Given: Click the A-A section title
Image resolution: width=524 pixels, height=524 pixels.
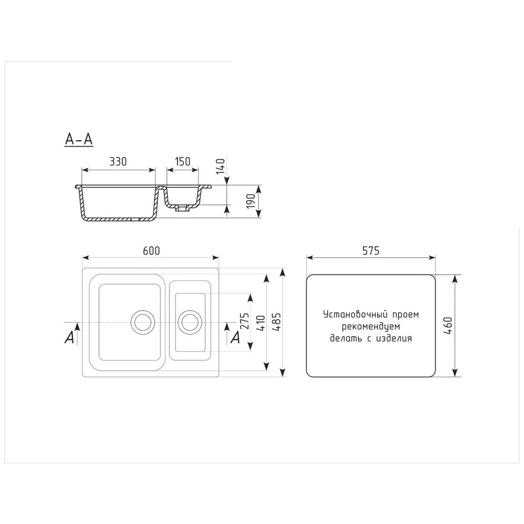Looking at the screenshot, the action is [x=79, y=139].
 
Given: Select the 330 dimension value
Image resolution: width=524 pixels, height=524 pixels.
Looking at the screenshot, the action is [x=118, y=161].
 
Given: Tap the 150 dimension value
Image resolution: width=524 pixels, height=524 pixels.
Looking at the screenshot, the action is [x=182, y=161].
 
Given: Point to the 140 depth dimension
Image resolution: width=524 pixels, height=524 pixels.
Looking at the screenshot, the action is [x=221, y=166].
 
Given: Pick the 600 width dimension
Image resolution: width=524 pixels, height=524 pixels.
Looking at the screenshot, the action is [x=151, y=250].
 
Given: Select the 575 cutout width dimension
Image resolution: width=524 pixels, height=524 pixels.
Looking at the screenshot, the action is [x=371, y=250].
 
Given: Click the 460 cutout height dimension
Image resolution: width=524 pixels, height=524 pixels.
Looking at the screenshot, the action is [x=448, y=326].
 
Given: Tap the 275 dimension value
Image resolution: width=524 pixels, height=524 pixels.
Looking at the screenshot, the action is [x=245, y=321].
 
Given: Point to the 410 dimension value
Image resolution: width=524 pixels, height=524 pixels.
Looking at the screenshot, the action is [x=261, y=323].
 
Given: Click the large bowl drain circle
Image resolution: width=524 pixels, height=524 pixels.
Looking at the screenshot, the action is [x=143, y=322].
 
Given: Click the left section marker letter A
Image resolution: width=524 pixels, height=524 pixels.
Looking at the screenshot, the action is [x=69, y=337].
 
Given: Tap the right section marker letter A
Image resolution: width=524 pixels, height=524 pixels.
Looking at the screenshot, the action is [x=236, y=337].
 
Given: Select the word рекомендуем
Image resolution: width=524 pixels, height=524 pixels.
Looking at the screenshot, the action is [x=370, y=326].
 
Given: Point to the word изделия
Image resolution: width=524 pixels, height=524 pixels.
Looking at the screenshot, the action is [x=395, y=339].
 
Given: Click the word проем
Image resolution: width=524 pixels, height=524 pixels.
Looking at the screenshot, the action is [x=406, y=315].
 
